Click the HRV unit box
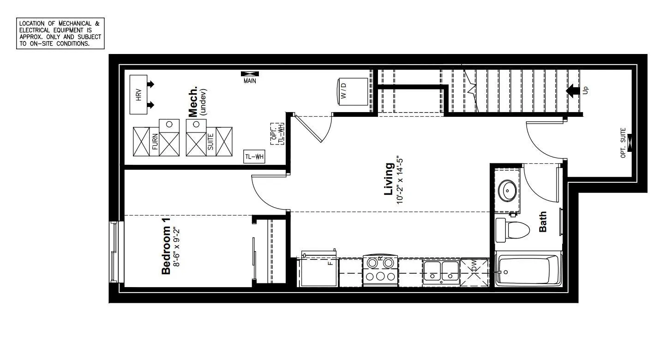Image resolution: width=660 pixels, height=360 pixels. [138, 95]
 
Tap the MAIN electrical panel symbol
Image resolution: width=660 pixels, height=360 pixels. [250, 74]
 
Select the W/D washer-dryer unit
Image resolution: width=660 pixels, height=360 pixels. [353, 91]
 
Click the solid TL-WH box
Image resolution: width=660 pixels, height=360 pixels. [254, 156]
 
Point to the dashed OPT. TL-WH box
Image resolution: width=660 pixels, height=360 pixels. [277, 134]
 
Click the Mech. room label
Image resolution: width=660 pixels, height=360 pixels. [192, 102]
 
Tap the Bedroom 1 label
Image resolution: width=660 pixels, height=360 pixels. [166, 246]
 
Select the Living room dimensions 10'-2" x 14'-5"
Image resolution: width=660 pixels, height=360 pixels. [399, 180]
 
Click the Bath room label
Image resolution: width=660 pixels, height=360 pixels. [543, 222]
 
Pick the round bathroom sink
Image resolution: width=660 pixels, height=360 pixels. [507, 191]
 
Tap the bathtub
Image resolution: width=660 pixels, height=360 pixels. [528, 269]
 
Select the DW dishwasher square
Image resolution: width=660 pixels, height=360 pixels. [474, 272]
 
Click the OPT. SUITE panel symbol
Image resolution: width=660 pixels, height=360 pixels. [630, 143]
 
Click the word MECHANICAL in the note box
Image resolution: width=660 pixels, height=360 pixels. [75, 23]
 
